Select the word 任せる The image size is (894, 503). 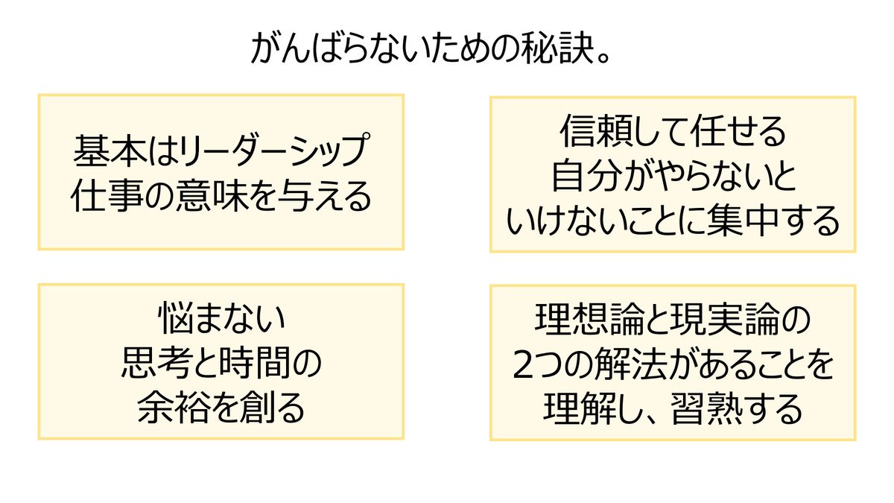[739, 131]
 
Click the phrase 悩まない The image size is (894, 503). [222, 319]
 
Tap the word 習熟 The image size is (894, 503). [706, 410]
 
